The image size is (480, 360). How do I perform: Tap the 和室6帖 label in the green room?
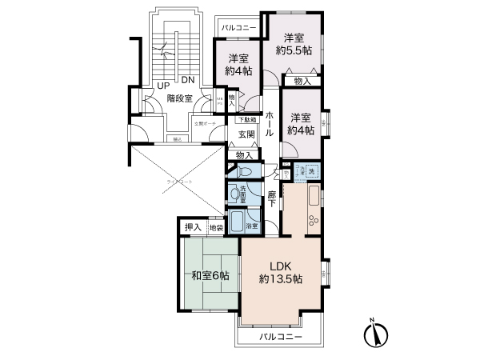[x=210, y=276]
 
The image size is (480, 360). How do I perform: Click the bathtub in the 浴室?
[x=237, y=221]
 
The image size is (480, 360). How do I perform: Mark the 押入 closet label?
[x=192, y=228]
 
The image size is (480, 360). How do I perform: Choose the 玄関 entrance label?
[x=246, y=134]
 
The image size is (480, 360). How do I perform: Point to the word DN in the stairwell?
[x=187, y=80]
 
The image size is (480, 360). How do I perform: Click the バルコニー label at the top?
[x=238, y=28]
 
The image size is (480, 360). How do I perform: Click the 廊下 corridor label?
[x=272, y=198]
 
